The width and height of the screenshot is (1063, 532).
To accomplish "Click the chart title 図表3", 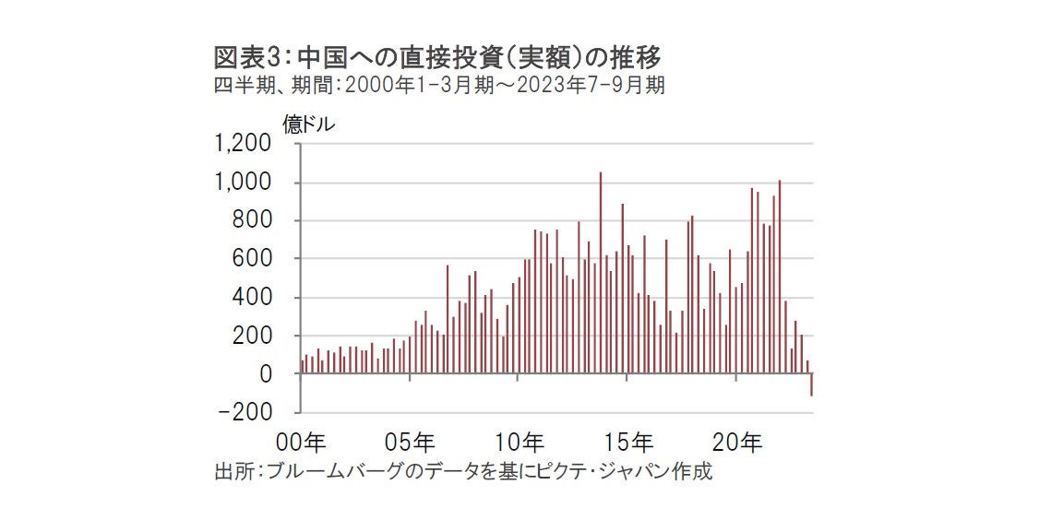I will [x=437, y=58].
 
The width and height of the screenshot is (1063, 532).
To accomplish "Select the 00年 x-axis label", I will [x=302, y=443].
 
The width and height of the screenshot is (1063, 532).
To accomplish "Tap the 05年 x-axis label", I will [x=411, y=443].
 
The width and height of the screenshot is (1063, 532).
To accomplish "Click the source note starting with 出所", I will [x=462, y=472].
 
